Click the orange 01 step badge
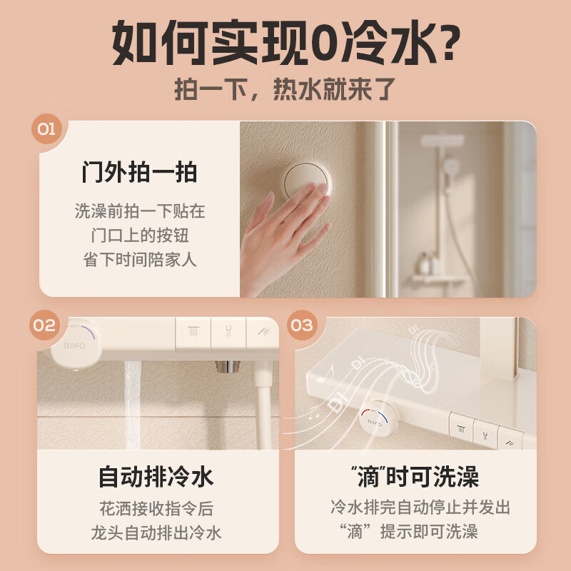point(46,129)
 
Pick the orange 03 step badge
point(302,325)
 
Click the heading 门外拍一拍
point(139,172)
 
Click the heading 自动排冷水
point(156,476)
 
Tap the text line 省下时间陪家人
point(139,259)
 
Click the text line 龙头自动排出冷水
point(156,532)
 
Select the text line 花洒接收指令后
point(156,509)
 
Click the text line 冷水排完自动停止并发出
point(420,507)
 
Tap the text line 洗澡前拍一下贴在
point(139,211)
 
